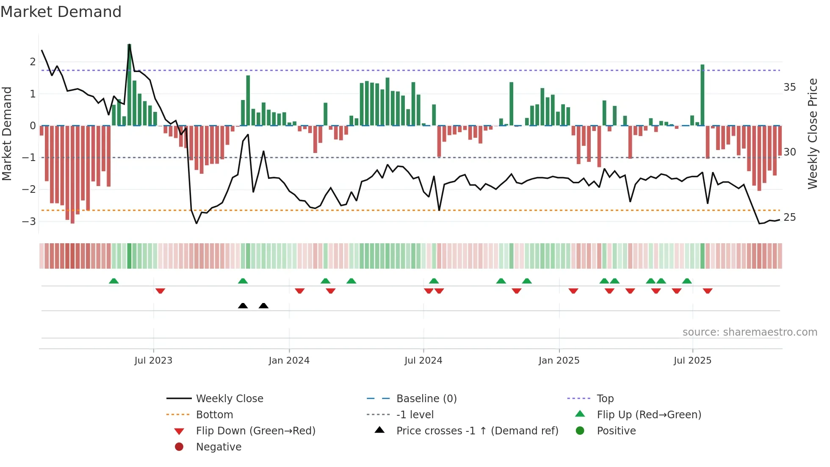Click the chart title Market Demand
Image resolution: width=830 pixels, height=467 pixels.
[61, 12]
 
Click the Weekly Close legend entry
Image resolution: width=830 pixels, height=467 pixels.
[229, 398]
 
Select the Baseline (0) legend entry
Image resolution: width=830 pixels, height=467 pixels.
[426, 398]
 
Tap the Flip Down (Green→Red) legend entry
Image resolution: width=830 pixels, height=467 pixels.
[255, 431]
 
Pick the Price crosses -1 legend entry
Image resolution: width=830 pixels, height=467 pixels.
[477, 431]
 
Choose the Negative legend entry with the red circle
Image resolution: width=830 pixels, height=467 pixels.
[219, 447]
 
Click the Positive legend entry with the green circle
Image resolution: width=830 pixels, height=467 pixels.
[616, 431]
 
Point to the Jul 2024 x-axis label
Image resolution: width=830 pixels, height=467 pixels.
[423, 360]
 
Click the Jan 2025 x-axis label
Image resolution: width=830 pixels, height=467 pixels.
[559, 360]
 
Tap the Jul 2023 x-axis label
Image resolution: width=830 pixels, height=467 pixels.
[153, 360]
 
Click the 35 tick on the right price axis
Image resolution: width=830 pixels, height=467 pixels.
[789, 87]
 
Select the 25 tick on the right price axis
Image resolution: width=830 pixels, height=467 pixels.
[789, 217]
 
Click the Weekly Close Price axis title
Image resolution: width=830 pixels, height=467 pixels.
[812, 133]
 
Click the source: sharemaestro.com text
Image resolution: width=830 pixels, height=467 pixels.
[750, 332]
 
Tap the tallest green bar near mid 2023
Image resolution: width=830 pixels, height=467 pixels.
[129, 85]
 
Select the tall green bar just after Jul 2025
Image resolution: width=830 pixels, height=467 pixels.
[703, 95]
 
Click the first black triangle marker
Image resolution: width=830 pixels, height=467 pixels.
[243, 306]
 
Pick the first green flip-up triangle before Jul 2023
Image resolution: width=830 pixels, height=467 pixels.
[113, 281]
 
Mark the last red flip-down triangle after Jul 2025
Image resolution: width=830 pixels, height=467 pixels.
[708, 291]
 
